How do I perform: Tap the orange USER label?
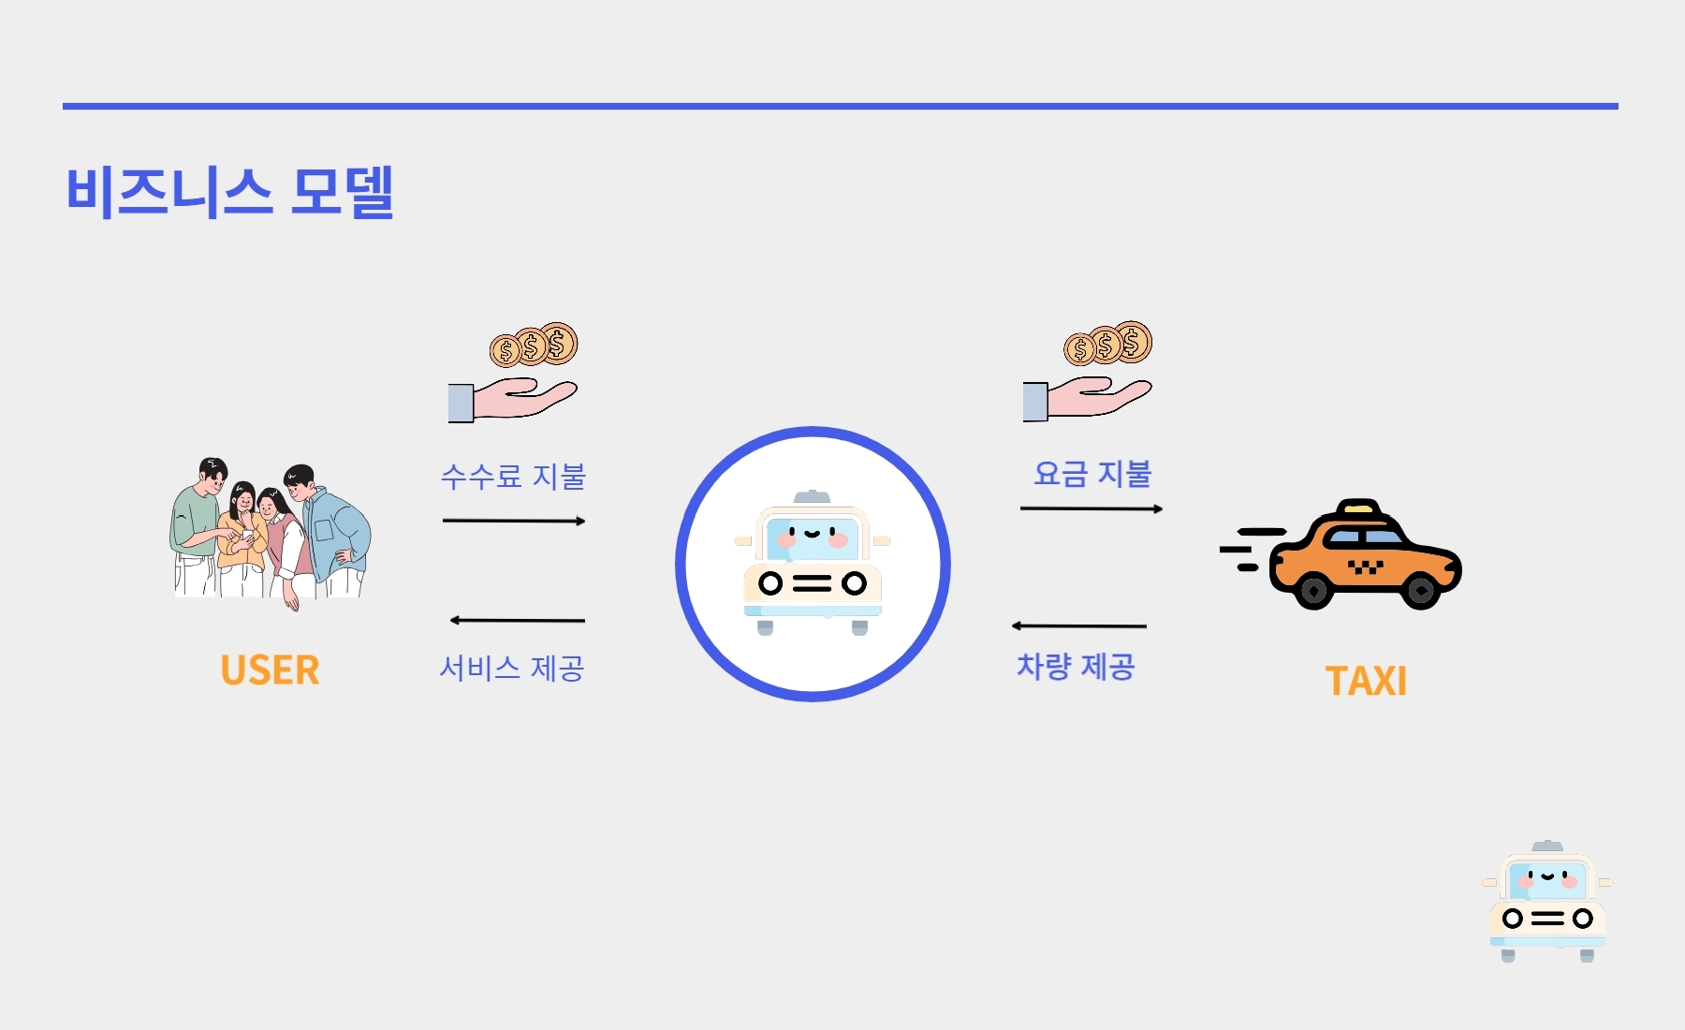tap(270, 670)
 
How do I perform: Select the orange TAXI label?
tap(1366, 681)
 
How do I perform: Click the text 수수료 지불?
tap(513, 477)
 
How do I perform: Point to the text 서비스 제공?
tap(512, 668)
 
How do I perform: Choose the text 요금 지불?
tap(1092, 474)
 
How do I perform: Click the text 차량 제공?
tap(1076, 667)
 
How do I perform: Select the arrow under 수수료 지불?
tap(514, 521)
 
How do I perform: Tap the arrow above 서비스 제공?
tap(517, 620)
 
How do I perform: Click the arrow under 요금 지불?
tap(1092, 508)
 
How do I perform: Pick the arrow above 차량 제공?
tap(1078, 625)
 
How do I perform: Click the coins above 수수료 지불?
tap(534, 346)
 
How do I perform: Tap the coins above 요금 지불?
tap(1108, 344)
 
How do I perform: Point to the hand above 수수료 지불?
tap(512, 401)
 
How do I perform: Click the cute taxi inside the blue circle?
tap(813, 563)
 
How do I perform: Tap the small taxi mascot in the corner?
tap(1547, 902)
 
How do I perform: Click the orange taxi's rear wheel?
tap(1313, 591)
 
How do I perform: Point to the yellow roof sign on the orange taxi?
tap(1359, 508)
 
